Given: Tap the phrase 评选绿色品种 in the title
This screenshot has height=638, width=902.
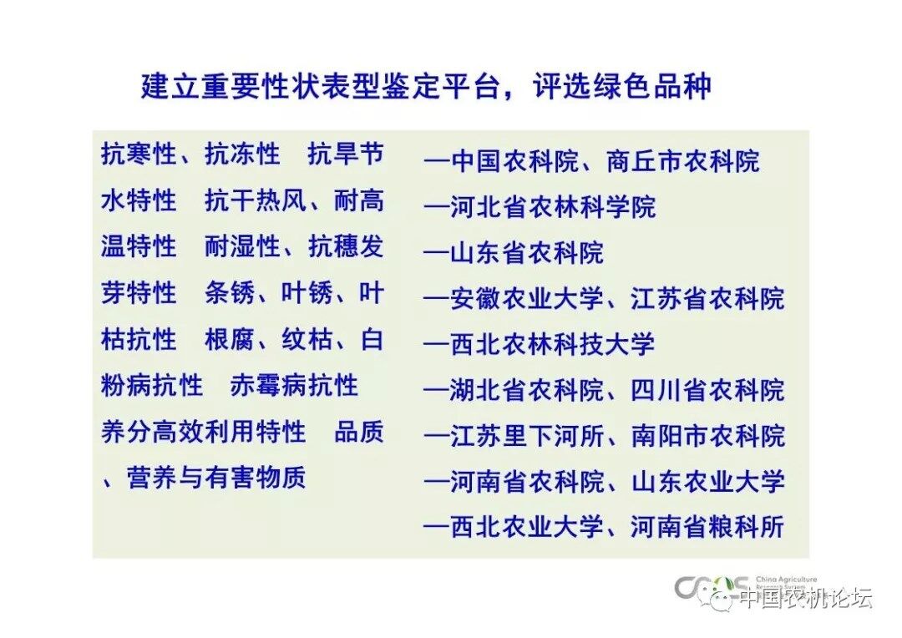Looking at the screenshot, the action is point(622,86).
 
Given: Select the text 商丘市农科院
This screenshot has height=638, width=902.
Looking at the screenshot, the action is point(683,161).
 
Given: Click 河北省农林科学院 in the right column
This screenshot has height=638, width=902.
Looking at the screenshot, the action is point(552,207).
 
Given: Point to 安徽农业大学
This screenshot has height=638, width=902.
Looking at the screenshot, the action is point(526,299).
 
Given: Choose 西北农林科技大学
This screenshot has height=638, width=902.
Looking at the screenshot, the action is point(552,344).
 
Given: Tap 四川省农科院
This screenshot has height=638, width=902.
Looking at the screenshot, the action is point(707,390).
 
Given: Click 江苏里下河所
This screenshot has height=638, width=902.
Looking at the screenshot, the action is point(526,436).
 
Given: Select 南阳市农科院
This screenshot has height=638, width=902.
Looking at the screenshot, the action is point(708,436).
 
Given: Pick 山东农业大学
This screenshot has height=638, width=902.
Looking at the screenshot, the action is point(708,482).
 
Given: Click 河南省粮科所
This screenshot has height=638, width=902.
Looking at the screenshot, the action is point(707,527).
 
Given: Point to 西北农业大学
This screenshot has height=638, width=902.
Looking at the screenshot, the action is point(526,527).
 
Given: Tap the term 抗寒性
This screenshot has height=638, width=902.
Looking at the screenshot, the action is point(139,154).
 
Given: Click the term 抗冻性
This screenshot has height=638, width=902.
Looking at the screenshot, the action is point(242,154).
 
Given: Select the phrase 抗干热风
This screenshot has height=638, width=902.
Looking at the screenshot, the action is point(256,200).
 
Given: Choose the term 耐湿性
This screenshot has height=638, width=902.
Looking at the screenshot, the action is point(242,247).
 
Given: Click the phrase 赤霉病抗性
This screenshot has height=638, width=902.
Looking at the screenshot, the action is point(294,386).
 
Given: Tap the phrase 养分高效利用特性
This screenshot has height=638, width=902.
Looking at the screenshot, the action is point(203,432).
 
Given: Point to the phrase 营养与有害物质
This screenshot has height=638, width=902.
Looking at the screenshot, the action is point(216,478).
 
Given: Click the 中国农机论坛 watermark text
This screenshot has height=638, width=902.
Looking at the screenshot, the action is point(806,598).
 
